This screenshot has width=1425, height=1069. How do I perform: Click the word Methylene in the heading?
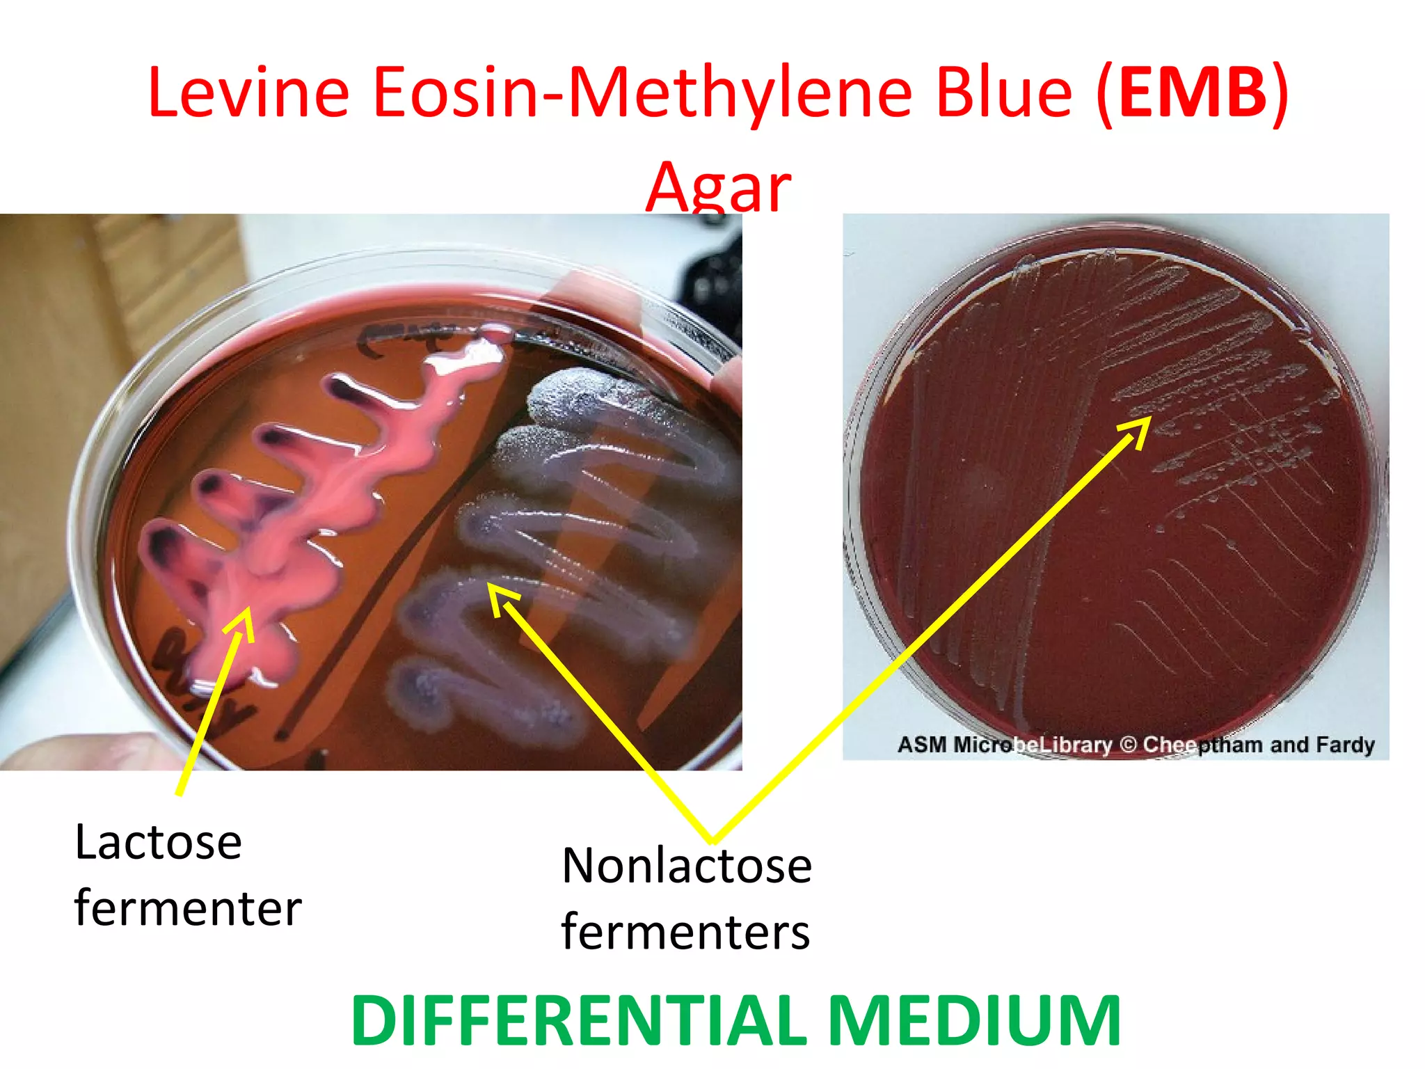(x=740, y=93)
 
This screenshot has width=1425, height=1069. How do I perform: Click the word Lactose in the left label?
(x=158, y=842)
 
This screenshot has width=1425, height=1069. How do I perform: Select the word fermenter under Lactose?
(x=188, y=908)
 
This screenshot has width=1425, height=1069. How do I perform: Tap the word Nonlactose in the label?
(x=687, y=866)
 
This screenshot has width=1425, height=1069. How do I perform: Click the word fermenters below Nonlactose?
(x=685, y=931)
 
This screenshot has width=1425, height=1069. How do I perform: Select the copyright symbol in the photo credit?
(x=1128, y=745)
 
